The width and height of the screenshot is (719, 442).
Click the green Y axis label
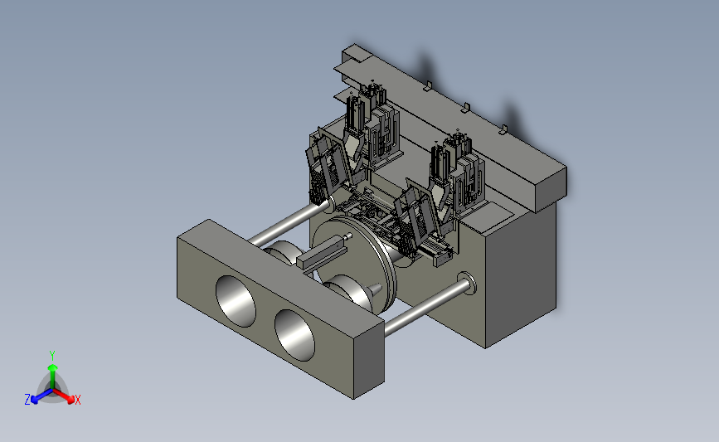point(51,356)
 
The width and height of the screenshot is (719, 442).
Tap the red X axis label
point(77,400)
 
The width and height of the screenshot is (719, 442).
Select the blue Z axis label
point(27,400)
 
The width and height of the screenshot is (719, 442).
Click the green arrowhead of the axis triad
point(52,367)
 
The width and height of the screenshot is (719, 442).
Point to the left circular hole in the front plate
point(236,301)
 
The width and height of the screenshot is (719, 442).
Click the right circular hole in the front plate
point(295,335)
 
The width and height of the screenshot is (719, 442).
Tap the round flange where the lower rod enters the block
point(467,283)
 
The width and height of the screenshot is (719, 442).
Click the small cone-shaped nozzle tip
point(375,289)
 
